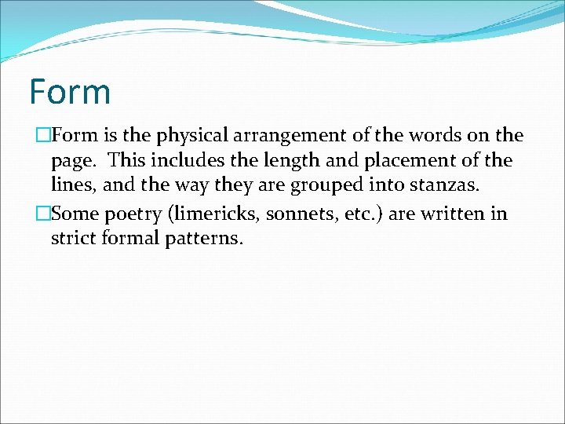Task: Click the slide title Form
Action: (x=70, y=92)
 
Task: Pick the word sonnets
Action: (x=304, y=213)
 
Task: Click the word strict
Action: (x=73, y=237)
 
